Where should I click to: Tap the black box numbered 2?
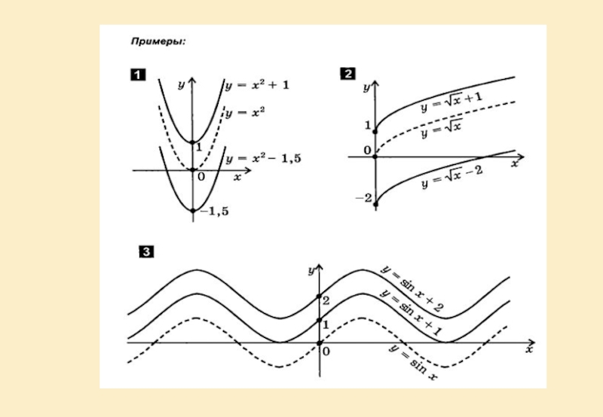point(348,74)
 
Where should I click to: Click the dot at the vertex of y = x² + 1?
point(192,142)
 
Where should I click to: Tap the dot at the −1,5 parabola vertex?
point(192,211)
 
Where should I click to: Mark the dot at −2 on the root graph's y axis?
point(375,202)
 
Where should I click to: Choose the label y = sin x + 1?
point(411,313)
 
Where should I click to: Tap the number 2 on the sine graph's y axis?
point(326,301)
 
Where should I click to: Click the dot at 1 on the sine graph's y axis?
point(319,321)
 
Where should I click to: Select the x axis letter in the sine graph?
point(530,351)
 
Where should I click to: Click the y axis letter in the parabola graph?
point(181,84)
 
